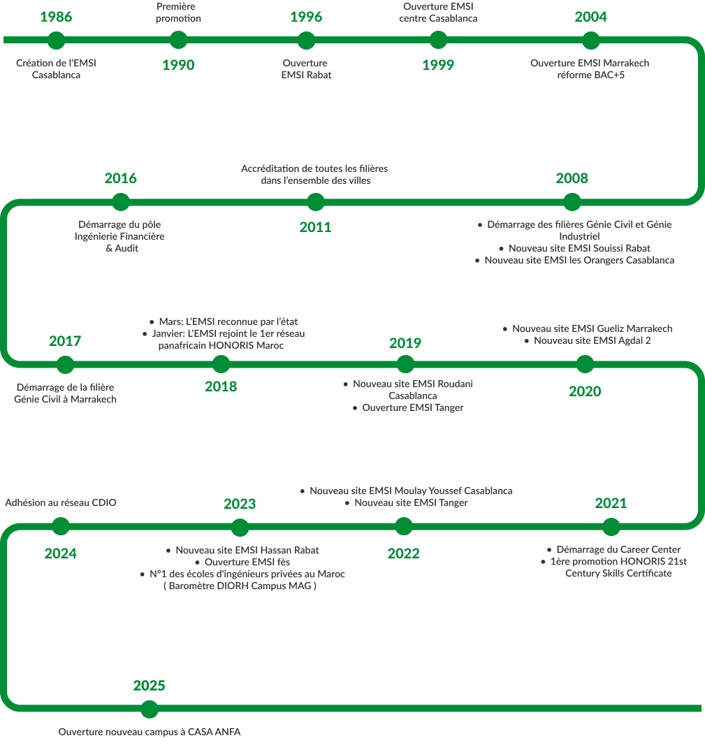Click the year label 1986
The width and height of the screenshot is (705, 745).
click(56, 17)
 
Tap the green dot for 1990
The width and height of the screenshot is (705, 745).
click(178, 40)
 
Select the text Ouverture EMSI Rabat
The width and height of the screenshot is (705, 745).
click(306, 68)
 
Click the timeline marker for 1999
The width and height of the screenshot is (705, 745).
click(438, 40)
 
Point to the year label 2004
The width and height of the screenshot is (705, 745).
click(590, 17)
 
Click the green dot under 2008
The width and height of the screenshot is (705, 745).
click(572, 202)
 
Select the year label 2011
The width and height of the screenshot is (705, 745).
click(315, 226)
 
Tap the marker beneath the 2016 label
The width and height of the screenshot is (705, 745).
click(121, 202)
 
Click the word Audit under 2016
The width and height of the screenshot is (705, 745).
click(126, 248)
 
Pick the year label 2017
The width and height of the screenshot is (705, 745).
click(65, 341)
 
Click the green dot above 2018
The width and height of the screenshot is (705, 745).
click(221, 363)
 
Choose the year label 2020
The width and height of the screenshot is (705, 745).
click(585, 391)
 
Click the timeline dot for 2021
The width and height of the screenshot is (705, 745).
click(611, 526)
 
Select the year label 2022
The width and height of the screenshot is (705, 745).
click(403, 554)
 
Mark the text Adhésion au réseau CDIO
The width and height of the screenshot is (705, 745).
click(61, 502)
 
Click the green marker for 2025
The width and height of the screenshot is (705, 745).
click(149, 709)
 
